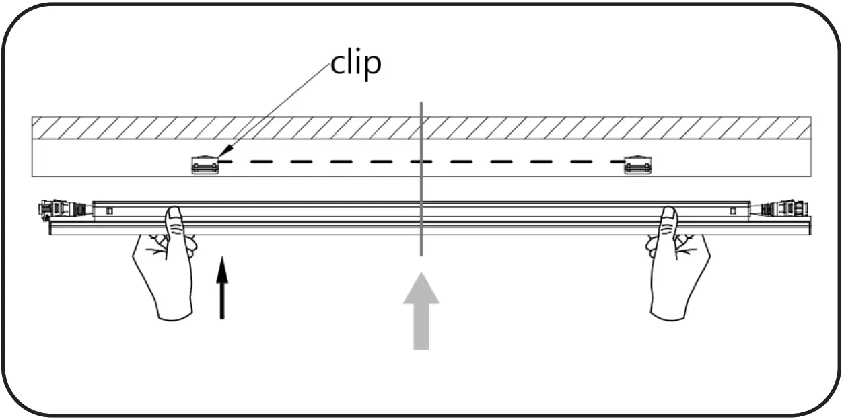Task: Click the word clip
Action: (356, 63)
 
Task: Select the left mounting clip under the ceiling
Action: (205, 165)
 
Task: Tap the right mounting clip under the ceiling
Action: (637, 165)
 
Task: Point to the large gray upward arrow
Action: (421, 309)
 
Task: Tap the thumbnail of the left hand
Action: (174, 216)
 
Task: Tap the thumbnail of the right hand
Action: (668, 216)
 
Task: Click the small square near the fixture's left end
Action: (110, 211)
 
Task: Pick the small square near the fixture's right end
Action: (732, 211)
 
